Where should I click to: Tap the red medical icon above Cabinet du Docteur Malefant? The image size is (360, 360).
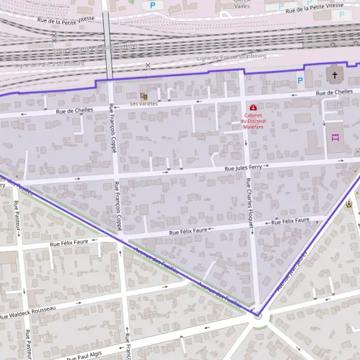253,107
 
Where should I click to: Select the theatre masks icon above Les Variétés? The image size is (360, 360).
143,96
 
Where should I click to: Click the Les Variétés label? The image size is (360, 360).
143,104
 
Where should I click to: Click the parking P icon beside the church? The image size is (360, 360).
300,80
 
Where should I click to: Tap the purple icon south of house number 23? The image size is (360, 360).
335,137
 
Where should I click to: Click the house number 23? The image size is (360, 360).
338,105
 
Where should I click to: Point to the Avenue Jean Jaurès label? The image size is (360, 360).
292,270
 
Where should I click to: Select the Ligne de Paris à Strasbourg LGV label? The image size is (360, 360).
96,47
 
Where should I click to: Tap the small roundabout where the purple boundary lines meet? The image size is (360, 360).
259,314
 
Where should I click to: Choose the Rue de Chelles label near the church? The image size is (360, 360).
334,92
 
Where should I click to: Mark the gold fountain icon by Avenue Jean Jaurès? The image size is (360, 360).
348,205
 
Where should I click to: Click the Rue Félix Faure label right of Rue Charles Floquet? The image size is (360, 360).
290,221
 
